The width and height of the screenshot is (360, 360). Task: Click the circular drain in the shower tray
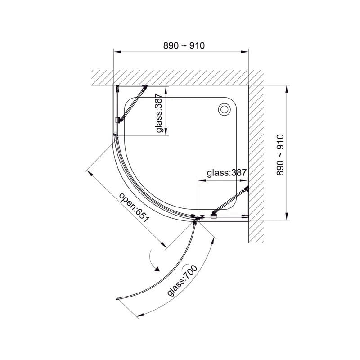click(224, 109)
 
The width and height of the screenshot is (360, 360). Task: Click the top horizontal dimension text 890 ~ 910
click(184, 46)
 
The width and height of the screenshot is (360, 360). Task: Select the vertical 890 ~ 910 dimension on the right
click(280, 155)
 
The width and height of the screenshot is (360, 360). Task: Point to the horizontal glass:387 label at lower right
click(227, 173)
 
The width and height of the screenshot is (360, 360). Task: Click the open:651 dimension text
click(134, 207)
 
